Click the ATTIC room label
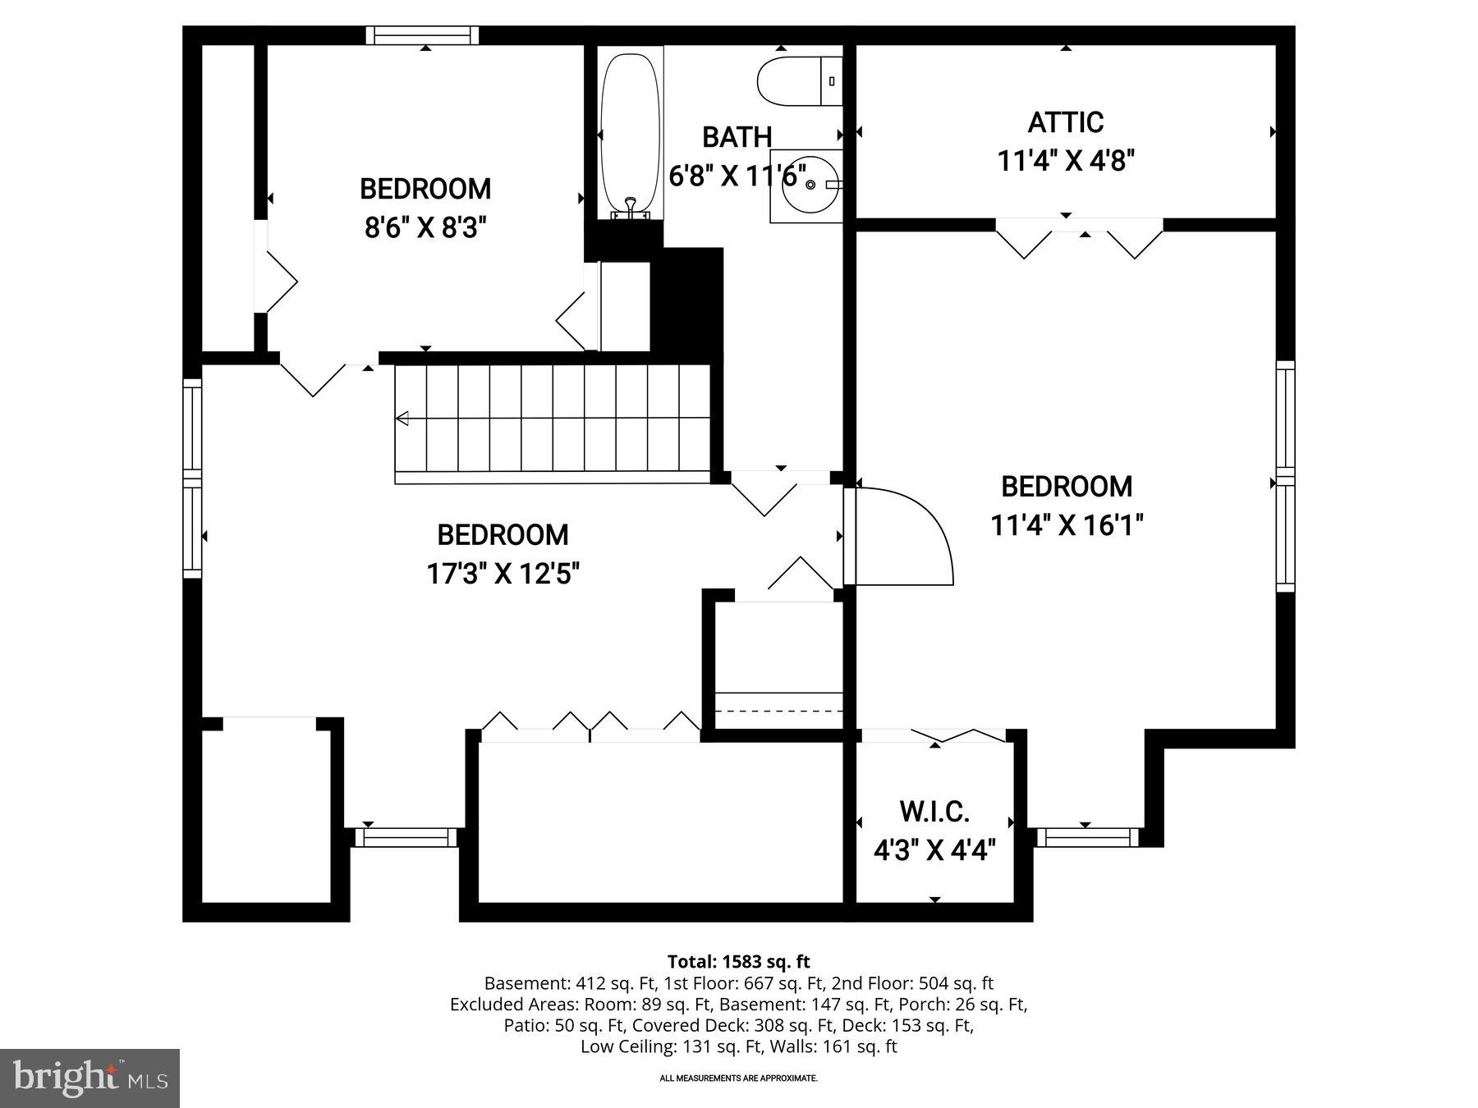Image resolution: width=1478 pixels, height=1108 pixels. [1066, 122]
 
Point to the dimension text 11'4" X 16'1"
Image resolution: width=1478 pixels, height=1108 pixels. [1067, 524]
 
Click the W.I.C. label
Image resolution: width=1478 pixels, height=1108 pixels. [934, 812]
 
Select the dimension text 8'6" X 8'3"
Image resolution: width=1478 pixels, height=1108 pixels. [425, 227]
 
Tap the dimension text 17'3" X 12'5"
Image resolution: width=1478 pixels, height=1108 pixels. [503, 573]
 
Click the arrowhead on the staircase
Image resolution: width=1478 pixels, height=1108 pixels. [402, 419]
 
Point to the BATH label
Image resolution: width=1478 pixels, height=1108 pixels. [737, 137]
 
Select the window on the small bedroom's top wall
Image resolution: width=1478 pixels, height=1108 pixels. [422, 35]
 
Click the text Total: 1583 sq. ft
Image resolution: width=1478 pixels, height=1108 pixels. [738, 961]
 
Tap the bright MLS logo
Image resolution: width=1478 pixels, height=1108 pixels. [90, 1078]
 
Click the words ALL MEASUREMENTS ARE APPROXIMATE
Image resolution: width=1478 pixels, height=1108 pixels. [738, 1078]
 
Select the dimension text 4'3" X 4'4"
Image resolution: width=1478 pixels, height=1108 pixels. [934, 850]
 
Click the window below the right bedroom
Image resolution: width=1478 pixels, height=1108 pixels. [1087, 837]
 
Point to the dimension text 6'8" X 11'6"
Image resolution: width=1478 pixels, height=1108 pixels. [737, 175]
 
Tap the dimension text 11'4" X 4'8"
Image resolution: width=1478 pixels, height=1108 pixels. [1066, 160]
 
